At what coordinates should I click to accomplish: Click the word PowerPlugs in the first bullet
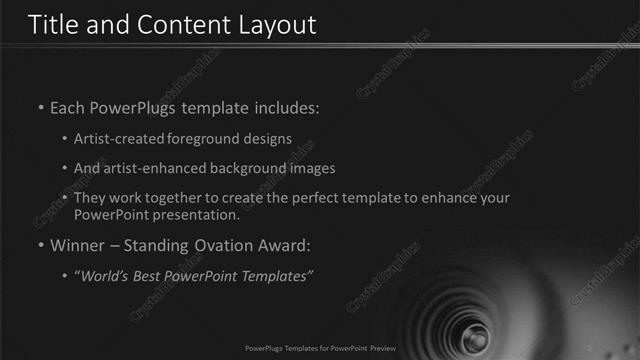pyautogui.click(x=136, y=107)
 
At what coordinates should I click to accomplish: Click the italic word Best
pyautogui.click(x=153, y=276)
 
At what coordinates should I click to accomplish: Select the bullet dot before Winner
pyautogui.click(x=40, y=246)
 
